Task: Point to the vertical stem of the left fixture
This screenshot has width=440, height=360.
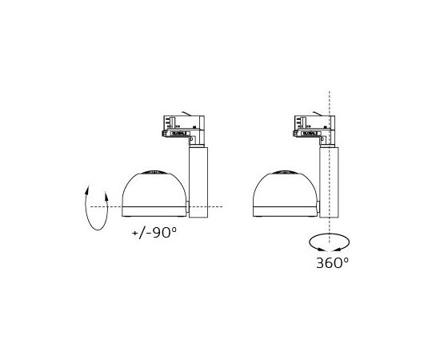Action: click(x=197, y=180)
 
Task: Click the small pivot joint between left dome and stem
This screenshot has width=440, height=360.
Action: click(x=188, y=208)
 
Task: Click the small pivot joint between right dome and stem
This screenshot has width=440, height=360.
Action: click(x=318, y=208)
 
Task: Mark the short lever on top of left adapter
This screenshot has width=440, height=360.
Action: click(x=186, y=112)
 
